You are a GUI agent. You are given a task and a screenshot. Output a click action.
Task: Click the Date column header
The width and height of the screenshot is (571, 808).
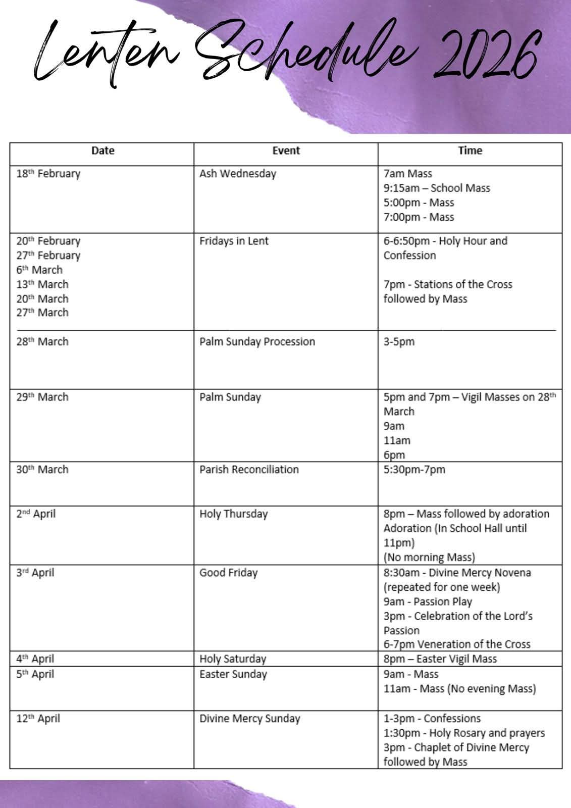tap(102, 150)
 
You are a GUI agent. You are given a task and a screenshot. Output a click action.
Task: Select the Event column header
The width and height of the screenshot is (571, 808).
tap(286, 150)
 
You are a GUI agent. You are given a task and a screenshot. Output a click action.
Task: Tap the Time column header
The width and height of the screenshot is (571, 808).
tap(470, 150)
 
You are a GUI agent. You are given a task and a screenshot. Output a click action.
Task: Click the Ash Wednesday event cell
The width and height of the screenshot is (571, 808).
tap(238, 174)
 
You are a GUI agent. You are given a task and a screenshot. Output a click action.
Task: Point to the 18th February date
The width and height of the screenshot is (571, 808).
tap(48, 174)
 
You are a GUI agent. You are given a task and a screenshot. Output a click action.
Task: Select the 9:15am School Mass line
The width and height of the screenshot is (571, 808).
tap(437, 188)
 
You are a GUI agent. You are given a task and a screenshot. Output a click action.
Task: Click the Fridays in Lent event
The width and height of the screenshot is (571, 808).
tap(234, 241)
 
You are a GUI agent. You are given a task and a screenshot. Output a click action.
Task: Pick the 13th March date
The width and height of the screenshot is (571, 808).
tap(42, 284)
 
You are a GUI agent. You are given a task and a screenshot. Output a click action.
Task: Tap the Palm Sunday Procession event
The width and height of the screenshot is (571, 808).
tap(257, 341)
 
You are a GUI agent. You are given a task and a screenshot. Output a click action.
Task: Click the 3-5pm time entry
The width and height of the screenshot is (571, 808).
tap(399, 341)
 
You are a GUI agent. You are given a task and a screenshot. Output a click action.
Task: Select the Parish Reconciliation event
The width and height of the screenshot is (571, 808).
tap(249, 469)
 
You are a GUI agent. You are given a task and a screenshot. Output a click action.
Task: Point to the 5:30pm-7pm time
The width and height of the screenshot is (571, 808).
tap(414, 469)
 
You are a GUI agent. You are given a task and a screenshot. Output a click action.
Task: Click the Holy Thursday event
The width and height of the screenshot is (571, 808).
tap(233, 514)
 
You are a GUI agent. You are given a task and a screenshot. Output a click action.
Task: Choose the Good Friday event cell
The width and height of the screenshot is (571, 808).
tap(228, 573)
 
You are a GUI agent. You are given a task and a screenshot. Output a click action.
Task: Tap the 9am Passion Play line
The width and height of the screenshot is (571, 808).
tap(428, 601)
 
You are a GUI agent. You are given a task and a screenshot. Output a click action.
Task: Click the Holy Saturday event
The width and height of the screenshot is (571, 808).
tap(233, 659)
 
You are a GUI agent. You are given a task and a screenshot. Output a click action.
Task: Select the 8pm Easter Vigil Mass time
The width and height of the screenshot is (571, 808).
tap(440, 659)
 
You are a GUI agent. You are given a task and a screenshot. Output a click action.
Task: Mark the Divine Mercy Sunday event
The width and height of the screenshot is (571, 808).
tap(250, 718)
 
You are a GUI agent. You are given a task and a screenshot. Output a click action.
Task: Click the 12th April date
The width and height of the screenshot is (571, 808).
tap(38, 718)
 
